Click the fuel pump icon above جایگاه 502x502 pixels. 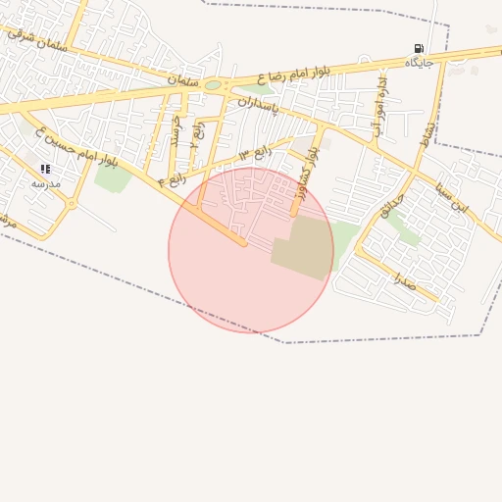(x=419, y=48)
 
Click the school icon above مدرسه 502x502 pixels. (x=45, y=170)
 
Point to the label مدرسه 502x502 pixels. (x=45, y=183)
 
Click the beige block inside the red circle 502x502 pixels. (x=303, y=247)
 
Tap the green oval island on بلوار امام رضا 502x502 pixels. (x=213, y=85)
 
